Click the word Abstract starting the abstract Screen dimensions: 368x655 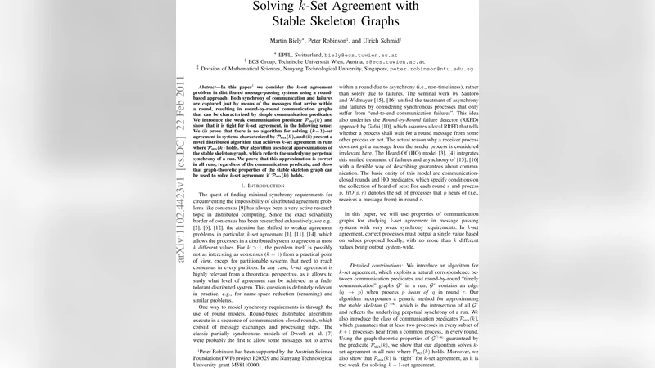[x=205, y=86]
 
